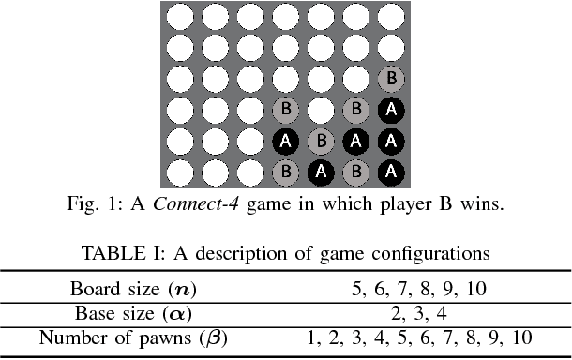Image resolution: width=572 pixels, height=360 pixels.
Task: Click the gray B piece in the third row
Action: tap(389, 79)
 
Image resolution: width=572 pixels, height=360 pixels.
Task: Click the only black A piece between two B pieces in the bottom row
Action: tap(320, 172)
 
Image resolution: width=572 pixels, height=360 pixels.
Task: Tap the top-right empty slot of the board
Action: tap(389, 16)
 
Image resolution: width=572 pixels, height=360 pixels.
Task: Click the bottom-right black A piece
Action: tap(389, 172)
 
